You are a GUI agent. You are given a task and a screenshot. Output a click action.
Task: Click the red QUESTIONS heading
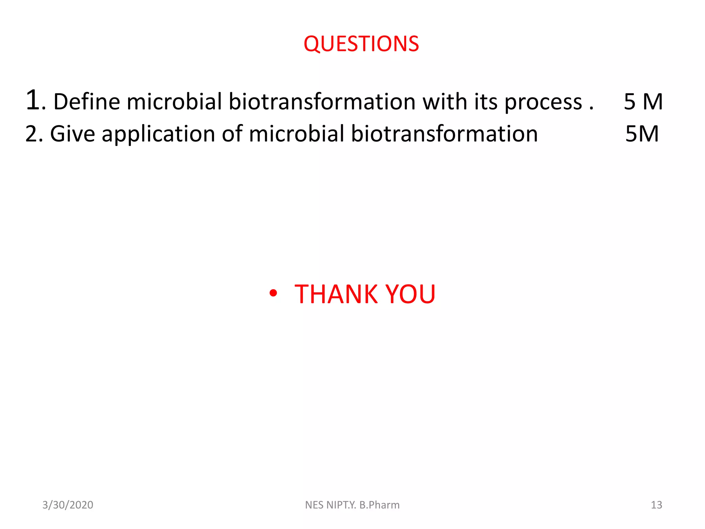click(x=361, y=44)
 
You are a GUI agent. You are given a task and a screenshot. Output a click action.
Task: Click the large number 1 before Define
click(x=33, y=101)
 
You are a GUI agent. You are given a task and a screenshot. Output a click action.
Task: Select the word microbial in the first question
click(x=174, y=102)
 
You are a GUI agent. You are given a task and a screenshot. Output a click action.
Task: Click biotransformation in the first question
click(x=322, y=102)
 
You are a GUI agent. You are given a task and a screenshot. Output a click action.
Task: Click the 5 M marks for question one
click(x=643, y=102)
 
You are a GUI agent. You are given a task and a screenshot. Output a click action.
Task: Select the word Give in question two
click(x=72, y=134)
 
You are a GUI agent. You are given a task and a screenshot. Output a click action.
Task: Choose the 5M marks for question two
click(x=642, y=134)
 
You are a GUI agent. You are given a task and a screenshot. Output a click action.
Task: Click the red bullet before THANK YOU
click(x=273, y=293)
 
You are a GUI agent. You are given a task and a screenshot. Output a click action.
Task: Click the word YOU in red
click(x=410, y=294)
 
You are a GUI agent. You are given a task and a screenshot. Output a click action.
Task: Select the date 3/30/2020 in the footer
click(x=68, y=505)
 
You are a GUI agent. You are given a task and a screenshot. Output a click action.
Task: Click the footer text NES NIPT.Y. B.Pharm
click(x=352, y=505)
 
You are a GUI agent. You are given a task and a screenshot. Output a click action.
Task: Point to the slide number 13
click(x=656, y=505)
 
